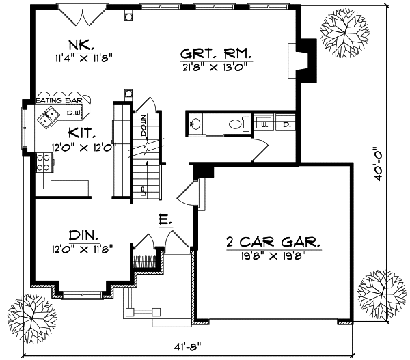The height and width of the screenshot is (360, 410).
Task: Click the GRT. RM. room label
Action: point(215,53)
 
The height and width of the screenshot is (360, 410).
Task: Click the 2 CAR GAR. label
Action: point(273,242)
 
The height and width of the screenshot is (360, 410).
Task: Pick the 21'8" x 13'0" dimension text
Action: point(215,66)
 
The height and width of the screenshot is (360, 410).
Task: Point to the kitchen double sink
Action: point(47,120)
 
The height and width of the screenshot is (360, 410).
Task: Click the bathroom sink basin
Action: point(193,124)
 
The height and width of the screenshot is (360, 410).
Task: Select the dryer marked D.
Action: point(285,124)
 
